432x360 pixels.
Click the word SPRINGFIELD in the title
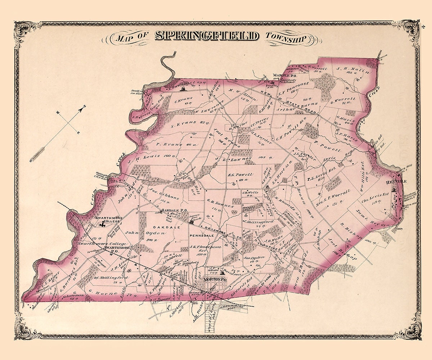(x=207, y=36)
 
